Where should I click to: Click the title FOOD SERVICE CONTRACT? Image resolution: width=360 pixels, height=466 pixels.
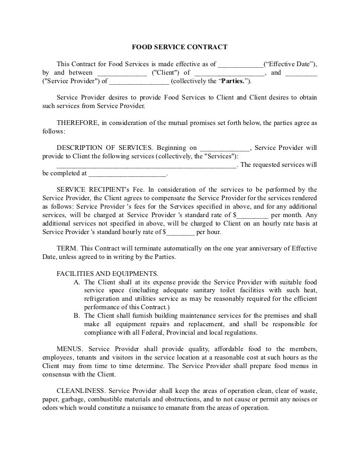(x=179, y=47)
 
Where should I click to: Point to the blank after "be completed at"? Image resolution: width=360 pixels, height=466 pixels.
(x=127, y=174)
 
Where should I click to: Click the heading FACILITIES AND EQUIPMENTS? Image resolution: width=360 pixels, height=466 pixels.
(x=107, y=274)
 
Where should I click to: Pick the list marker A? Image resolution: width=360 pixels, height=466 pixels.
(x=77, y=282)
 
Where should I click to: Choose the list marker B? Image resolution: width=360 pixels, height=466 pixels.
(x=77, y=316)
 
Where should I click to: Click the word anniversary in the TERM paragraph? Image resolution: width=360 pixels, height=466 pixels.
(x=270, y=248)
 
